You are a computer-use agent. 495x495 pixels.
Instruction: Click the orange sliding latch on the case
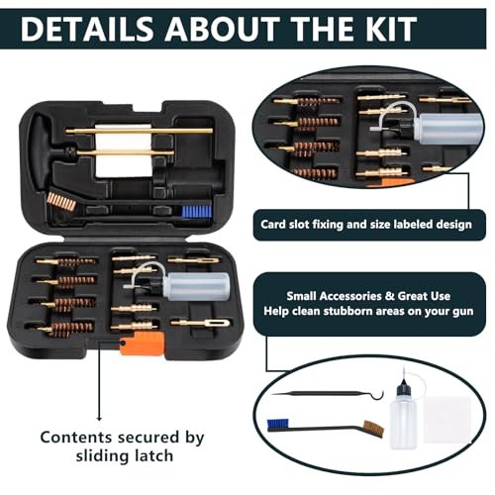click(143, 344)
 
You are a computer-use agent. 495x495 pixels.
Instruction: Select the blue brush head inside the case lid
click(197, 212)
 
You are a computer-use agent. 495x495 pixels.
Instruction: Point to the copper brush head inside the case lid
click(61, 201)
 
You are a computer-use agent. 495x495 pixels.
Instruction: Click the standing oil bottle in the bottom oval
click(403, 413)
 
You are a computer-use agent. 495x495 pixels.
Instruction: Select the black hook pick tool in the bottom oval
click(328, 394)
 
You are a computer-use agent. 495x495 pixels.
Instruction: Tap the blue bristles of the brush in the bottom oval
click(277, 425)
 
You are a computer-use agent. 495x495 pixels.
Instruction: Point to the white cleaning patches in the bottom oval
click(446, 419)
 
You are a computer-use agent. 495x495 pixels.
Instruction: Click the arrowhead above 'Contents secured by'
click(99, 419)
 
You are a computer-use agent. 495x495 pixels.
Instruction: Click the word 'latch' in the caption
click(152, 455)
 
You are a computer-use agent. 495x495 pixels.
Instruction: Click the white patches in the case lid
click(124, 150)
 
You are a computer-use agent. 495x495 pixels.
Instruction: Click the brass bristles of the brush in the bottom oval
click(374, 429)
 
